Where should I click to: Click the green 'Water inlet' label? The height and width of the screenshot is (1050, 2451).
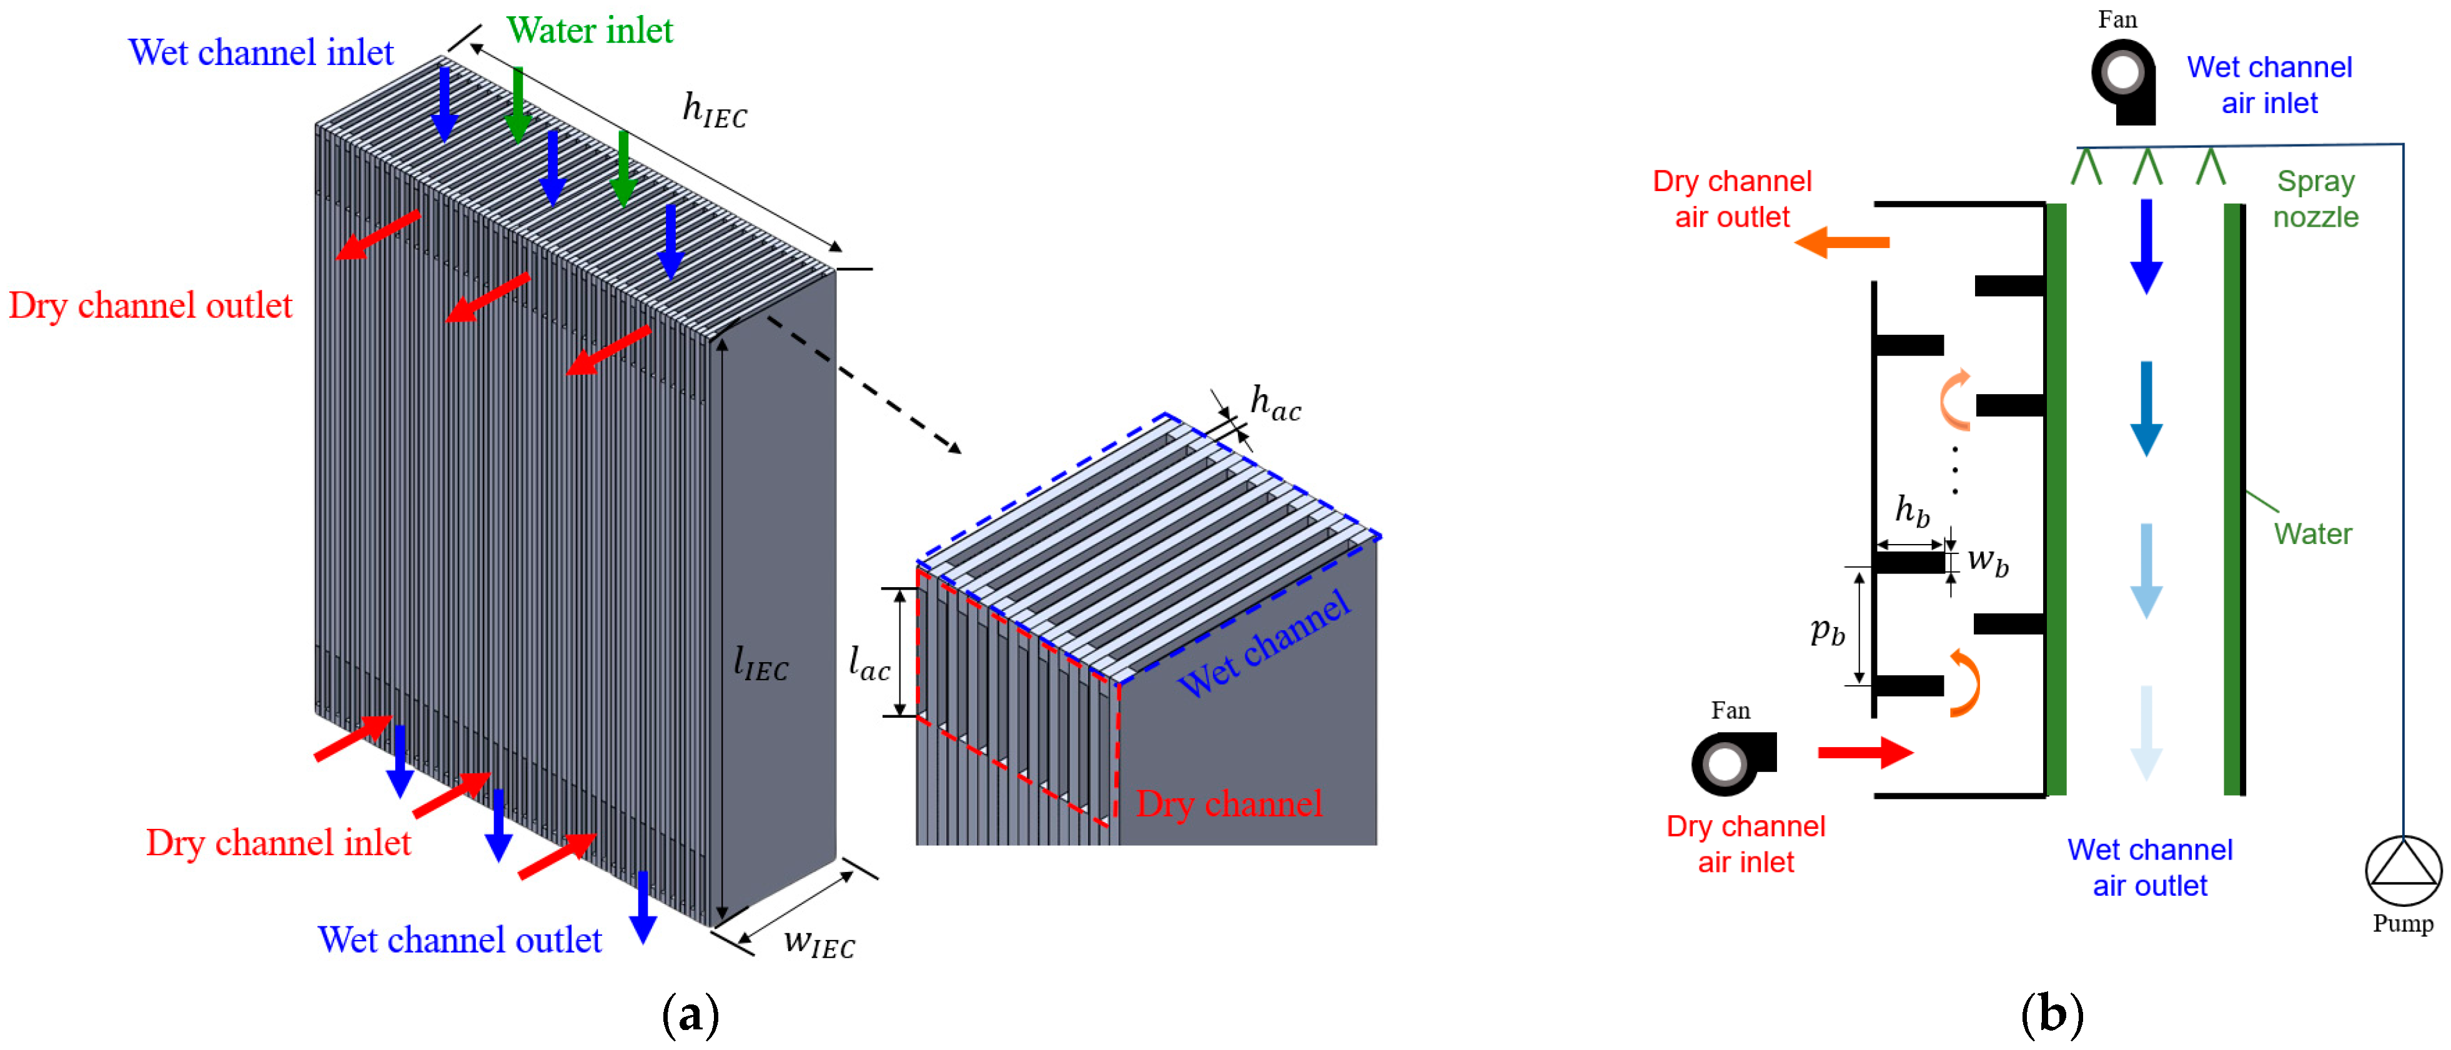pos(589,31)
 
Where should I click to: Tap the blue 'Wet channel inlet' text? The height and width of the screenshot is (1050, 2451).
pos(260,52)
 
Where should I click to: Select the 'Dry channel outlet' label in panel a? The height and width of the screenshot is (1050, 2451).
pos(151,305)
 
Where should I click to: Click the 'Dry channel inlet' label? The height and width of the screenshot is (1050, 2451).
pos(278,843)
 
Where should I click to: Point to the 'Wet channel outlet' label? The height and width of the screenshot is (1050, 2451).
pos(460,939)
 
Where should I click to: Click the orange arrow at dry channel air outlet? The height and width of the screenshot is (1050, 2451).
pos(1842,242)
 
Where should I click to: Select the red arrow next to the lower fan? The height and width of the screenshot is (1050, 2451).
pos(1864,752)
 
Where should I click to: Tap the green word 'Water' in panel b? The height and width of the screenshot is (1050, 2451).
pos(2312,533)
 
